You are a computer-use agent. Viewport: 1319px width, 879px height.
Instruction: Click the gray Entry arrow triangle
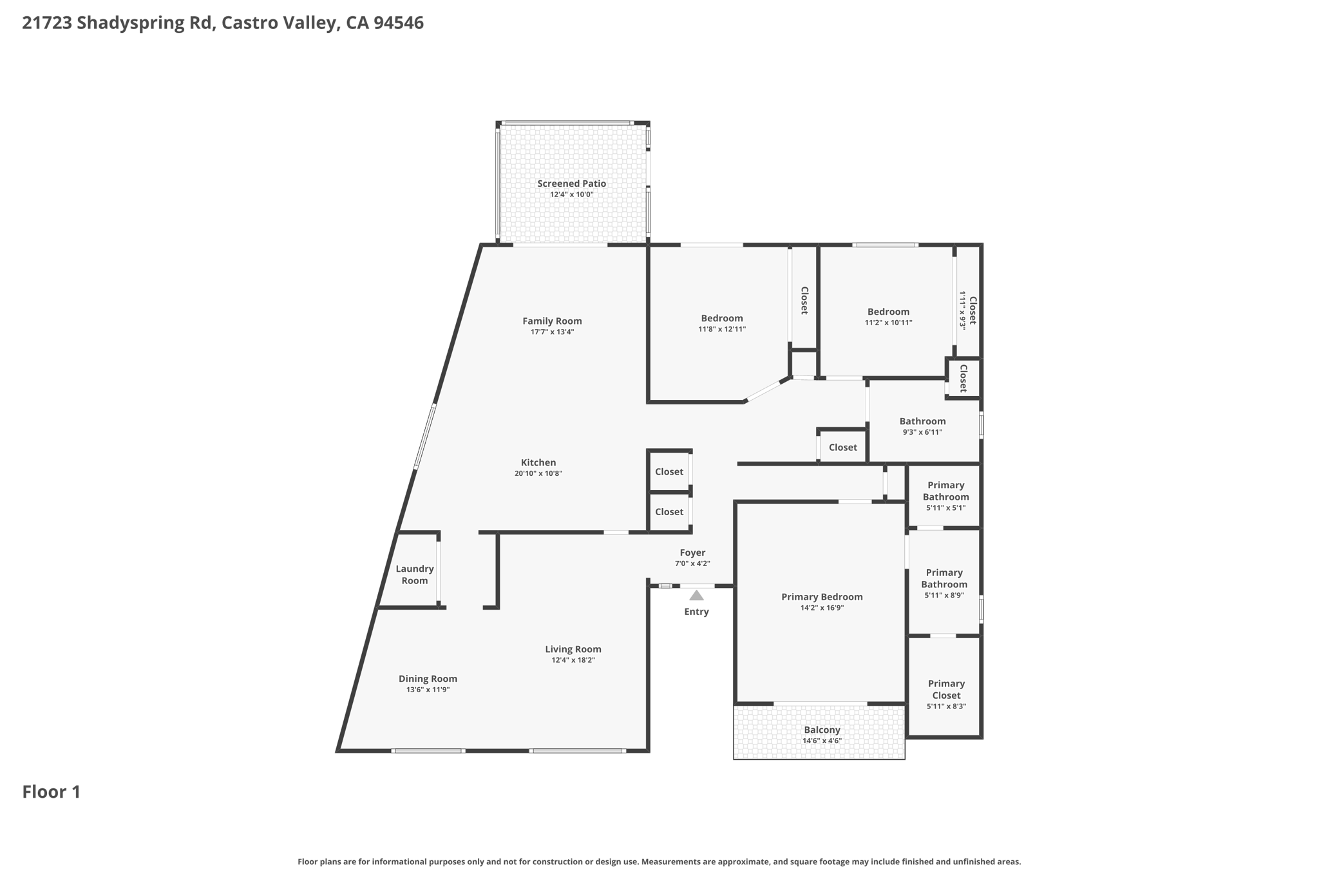(x=696, y=596)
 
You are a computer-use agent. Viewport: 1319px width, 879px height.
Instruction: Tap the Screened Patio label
(x=571, y=184)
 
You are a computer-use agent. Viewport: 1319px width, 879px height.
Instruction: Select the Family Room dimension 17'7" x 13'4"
(x=552, y=332)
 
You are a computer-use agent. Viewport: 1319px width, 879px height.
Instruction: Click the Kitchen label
(x=538, y=462)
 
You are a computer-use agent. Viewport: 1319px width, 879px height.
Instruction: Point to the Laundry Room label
(x=414, y=574)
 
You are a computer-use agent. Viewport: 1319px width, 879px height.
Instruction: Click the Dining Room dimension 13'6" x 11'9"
(x=428, y=690)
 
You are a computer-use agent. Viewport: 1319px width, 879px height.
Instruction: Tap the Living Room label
(x=573, y=649)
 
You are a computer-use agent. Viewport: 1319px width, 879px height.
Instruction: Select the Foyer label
(x=692, y=553)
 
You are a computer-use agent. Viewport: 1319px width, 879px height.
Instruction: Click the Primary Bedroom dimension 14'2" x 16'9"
(x=822, y=608)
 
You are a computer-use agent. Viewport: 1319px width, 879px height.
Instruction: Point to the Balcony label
(x=822, y=730)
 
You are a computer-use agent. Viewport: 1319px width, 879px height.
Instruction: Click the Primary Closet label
(x=946, y=689)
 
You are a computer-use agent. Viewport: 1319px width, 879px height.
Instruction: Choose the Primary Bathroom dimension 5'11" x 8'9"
(x=944, y=596)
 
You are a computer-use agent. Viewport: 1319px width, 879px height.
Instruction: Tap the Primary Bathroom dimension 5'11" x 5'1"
(x=945, y=508)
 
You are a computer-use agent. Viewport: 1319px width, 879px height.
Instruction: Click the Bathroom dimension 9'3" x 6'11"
(x=922, y=432)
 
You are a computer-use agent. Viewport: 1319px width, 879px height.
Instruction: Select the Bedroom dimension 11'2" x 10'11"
(x=888, y=323)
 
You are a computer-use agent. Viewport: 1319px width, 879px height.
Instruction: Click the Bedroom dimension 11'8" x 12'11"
(x=722, y=329)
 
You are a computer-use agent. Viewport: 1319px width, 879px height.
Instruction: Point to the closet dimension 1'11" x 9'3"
(x=963, y=310)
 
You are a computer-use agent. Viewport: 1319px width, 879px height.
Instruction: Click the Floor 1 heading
(x=52, y=792)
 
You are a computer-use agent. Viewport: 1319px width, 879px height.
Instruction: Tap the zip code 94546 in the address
(x=398, y=23)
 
